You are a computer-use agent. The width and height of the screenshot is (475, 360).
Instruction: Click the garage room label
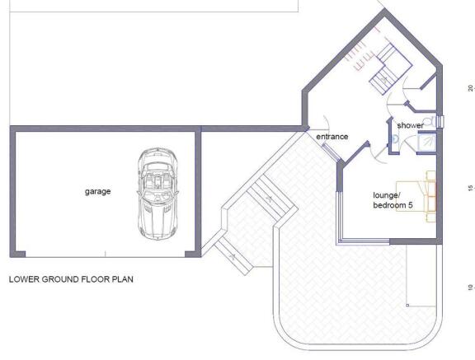[x=97, y=192]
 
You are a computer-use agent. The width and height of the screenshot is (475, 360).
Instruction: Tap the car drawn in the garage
[x=158, y=194]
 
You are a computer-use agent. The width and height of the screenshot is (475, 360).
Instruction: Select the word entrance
[x=332, y=137]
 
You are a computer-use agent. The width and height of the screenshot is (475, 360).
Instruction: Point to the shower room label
[x=410, y=125]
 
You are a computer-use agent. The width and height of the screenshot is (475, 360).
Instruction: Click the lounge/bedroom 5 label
[x=393, y=200]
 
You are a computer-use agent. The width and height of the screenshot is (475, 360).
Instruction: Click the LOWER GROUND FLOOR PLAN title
[x=71, y=279]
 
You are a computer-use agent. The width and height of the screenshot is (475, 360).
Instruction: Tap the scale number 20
[x=470, y=88]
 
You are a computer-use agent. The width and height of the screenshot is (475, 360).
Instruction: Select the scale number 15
[x=470, y=188]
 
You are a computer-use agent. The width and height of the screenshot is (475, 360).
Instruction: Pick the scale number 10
[x=470, y=288]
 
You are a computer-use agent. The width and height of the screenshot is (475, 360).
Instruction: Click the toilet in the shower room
[x=430, y=122]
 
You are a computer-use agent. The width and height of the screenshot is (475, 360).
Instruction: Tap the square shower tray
[x=427, y=143]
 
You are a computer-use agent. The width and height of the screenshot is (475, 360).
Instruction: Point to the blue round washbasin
[x=395, y=139]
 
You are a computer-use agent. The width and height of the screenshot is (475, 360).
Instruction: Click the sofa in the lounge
[x=430, y=197]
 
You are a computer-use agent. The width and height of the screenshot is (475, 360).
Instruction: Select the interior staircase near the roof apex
[x=390, y=68]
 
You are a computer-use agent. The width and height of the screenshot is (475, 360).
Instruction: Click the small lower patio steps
[x=233, y=256]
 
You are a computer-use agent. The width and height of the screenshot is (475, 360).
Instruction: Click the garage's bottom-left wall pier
[x=18, y=254]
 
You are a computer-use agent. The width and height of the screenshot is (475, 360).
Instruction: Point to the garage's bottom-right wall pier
[x=192, y=254]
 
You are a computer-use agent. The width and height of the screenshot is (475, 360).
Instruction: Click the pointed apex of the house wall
[x=384, y=9]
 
